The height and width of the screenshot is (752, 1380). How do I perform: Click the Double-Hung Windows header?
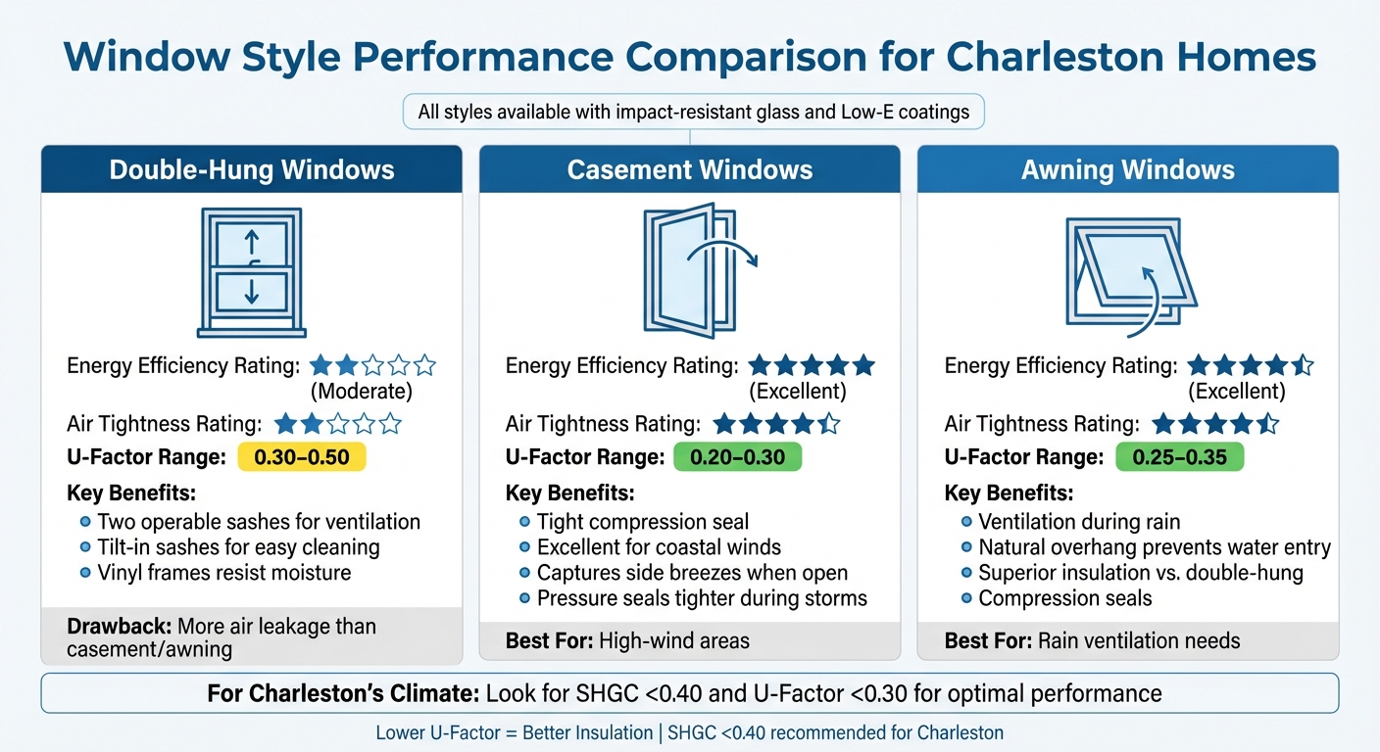251,170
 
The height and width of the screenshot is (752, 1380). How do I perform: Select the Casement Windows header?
689,170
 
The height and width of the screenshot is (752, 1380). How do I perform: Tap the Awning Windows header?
1127,170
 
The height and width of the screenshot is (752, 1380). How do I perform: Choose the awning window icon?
1129,271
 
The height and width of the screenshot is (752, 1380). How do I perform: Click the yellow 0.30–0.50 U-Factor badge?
301,457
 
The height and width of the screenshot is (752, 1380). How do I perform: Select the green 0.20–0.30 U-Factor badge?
737,457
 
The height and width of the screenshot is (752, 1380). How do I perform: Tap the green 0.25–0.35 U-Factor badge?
1179,457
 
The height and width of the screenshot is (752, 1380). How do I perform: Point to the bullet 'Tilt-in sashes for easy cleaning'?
238,547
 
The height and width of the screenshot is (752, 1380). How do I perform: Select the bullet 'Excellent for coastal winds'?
659,547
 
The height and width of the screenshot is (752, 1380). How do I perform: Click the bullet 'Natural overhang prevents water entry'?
1154,547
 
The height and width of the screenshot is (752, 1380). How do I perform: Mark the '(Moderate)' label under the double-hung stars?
361,392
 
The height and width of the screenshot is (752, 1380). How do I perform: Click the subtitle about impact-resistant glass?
693,112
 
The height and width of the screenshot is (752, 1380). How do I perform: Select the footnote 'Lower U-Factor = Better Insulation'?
515,732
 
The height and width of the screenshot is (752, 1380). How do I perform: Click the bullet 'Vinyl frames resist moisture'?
223,573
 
